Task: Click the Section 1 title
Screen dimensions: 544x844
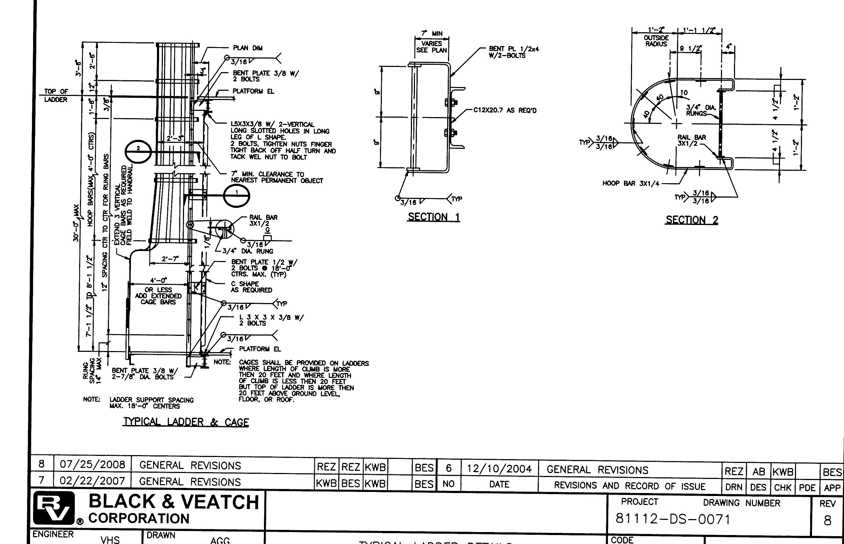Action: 434,217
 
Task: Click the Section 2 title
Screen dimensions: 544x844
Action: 691,220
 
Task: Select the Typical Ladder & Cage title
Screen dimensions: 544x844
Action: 186,422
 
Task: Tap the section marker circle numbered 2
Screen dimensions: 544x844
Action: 138,152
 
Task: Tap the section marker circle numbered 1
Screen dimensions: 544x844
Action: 237,196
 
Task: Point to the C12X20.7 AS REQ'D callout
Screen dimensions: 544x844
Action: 505,110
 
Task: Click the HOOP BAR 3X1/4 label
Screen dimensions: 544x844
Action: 630,183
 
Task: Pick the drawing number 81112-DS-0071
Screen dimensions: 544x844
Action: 673,519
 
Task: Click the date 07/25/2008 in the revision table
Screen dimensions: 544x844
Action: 92,465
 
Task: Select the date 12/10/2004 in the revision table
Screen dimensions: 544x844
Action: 499,469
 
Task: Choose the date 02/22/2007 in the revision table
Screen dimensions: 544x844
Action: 92,481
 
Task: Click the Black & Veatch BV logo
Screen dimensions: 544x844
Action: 54,508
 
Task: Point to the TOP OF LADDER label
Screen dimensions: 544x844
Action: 56,95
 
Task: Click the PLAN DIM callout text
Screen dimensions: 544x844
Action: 247,48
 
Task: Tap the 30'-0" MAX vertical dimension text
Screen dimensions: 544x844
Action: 76,224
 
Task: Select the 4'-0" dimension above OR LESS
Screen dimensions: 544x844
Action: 159,281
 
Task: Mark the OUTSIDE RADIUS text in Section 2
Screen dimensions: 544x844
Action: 656,41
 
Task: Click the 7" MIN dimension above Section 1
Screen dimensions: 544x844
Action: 432,34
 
